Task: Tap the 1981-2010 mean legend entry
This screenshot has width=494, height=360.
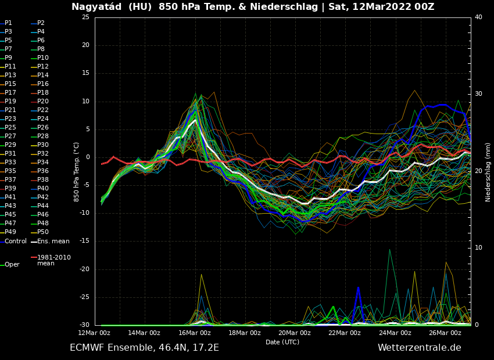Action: click(x=53, y=260)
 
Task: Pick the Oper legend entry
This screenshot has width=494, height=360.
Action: click(x=12, y=264)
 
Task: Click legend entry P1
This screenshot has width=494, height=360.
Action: click(x=8, y=23)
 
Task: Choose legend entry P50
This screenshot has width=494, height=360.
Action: click(x=43, y=232)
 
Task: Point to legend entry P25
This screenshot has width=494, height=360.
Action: click(x=10, y=128)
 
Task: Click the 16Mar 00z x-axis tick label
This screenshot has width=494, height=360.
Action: click(x=195, y=333)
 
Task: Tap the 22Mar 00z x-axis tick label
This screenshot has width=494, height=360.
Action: click(x=345, y=333)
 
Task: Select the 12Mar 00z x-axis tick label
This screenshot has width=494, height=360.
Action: click(x=95, y=333)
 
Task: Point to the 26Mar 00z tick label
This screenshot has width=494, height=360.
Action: click(x=445, y=333)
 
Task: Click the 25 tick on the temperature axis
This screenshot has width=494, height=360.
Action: click(x=85, y=17)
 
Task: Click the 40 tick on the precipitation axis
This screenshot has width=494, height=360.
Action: click(x=478, y=17)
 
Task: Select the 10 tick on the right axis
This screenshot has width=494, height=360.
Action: click(x=478, y=248)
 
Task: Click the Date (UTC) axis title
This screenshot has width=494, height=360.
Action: click(x=282, y=343)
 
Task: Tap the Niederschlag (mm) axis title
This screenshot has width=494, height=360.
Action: click(x=488, y=172)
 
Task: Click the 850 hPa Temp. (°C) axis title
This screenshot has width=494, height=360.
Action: click(x=77, y=172)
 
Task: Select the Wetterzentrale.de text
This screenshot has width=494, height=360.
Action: click(x=419, y=348)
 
